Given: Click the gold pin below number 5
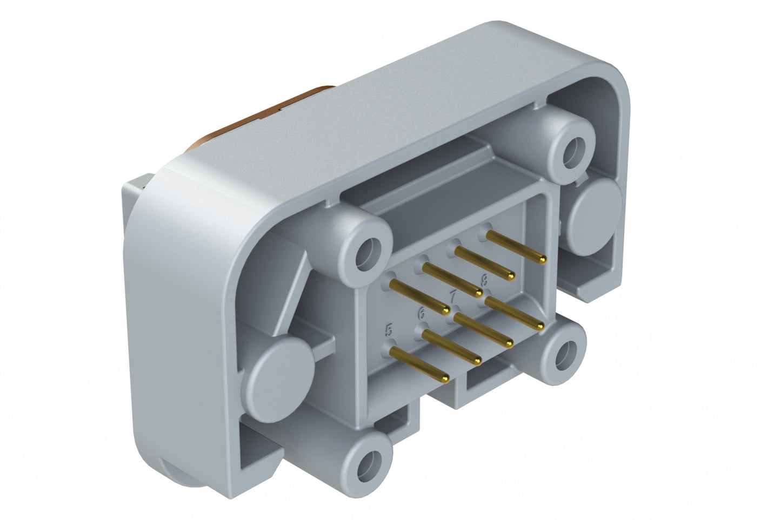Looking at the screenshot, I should click(x=419, y=363).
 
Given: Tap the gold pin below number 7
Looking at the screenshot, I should click(x=483, y=330).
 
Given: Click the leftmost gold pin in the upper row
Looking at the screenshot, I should click(x=419, y=297).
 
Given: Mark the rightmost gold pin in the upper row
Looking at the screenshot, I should click(x=516, y=247).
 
